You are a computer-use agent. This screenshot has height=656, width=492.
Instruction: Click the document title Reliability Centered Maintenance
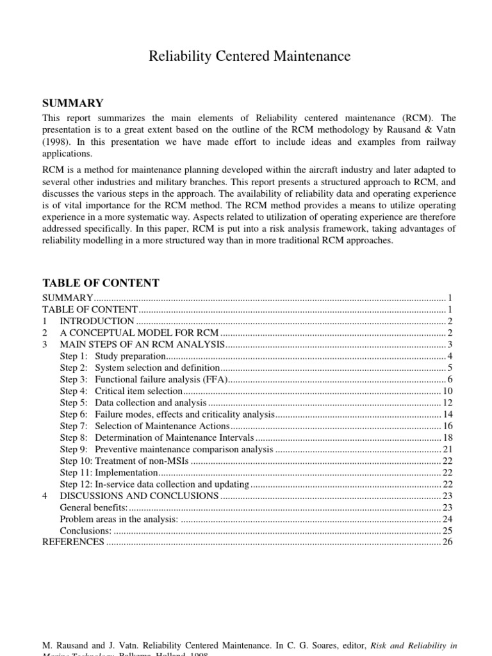pyautogui.click(x=249, y=56)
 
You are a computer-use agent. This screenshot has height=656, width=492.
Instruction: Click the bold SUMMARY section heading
pyautogui.click(x=72, y=103)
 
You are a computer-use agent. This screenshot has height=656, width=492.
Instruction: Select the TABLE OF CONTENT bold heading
pyautogui.click(x=101, y=283)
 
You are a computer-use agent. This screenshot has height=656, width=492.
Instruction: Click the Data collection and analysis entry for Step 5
pyautogui.click(x=151, y=403)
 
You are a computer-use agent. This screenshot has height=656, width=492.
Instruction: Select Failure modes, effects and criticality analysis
pyautogui.click(x=184, y=414)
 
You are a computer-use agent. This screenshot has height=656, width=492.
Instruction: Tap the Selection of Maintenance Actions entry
pyautogui.click(x=162, y=426)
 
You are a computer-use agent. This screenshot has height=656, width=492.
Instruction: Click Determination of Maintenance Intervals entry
pyautogui.click(x=175, y=438)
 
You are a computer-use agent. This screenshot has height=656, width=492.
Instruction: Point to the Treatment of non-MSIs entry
pyautogui.click(x=141, y=461)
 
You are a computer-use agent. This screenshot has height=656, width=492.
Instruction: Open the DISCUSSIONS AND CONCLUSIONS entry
pyautogui.click(x=139, y=495)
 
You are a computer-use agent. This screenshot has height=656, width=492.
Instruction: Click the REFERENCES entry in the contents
pyautogui.click(x=72, y=542)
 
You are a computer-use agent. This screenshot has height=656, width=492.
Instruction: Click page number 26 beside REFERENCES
pyautogui.click(x=447, y=542)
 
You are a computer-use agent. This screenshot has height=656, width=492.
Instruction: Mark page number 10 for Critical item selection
pyautogui.click(x=447, y=391)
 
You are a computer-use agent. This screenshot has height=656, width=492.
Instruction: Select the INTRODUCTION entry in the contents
pyautogui.click(x=97, y=321)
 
